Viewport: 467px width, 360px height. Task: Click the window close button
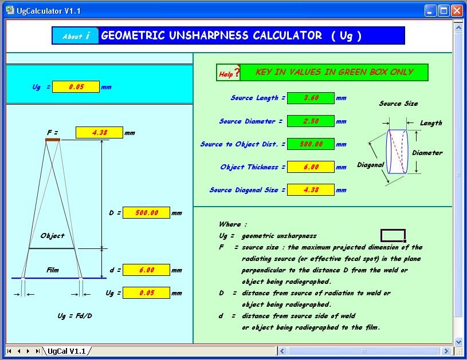[x=457, y=10]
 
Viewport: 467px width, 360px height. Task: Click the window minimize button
[x=430, y=10]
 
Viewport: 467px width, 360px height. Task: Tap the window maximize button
[x=444, y=10]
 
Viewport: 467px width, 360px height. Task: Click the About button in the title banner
[x=76, y=36]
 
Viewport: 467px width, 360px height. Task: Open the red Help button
[x=228, y=73]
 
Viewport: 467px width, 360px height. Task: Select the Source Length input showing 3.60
[x=311, y=98]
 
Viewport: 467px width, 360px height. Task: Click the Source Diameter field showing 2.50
[x=311, y=121]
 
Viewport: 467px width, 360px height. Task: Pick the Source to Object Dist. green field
[x=311, y=144]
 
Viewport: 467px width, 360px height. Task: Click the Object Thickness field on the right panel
[x=311, y=167]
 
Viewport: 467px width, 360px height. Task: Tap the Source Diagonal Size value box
[x=311, y=190]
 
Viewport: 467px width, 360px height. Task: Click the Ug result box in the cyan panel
[x=76, y=87]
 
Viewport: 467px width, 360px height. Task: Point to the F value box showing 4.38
[x=99, y=133]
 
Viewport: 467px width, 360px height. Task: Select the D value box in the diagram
[x=146, y=213]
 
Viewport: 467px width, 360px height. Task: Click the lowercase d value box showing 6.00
[x=146, y=270]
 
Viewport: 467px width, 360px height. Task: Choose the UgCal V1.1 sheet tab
[x=67, y=350]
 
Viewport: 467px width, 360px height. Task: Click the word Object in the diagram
[x=52, y=236]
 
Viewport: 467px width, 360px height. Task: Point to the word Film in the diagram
[x=52, y=270]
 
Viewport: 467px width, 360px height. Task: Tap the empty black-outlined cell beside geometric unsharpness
[x=393, y=235]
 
